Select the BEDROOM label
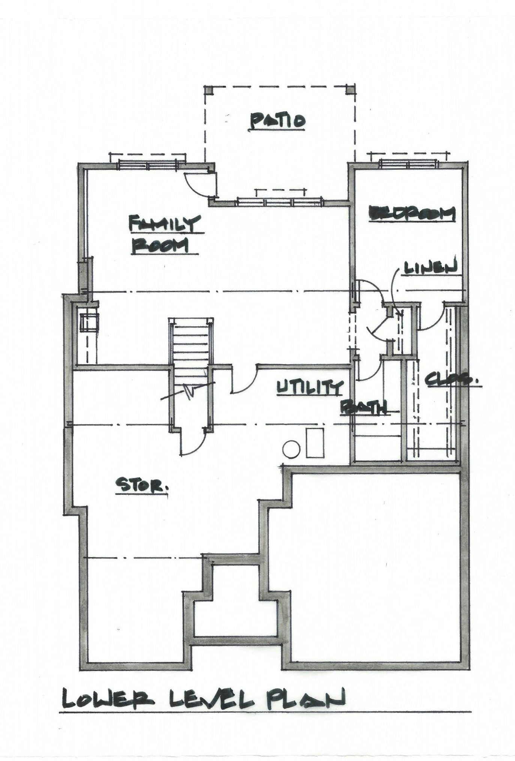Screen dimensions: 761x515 tap(412, 214)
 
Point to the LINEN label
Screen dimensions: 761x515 tap(430, 267)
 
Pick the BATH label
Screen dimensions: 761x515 tap(364, 407)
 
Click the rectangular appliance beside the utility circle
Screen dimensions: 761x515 tap(315, 443)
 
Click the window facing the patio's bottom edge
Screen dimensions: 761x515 tap(279, 202)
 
